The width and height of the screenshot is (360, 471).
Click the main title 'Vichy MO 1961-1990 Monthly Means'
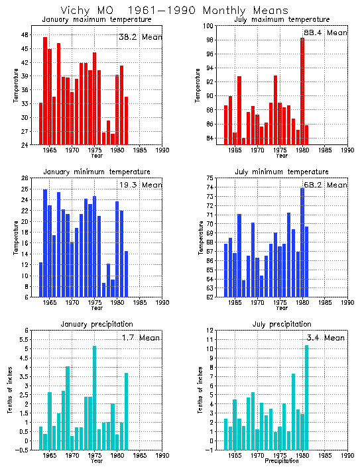coord(174,11)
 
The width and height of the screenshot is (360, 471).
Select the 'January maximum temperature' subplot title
coord(97,20)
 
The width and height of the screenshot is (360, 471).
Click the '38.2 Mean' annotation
coord(139,38)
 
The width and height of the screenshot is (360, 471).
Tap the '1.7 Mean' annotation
coord(139,339)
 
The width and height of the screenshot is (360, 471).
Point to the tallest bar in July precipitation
coord(306,397)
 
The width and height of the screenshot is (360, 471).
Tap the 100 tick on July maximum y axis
coord(208,26)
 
